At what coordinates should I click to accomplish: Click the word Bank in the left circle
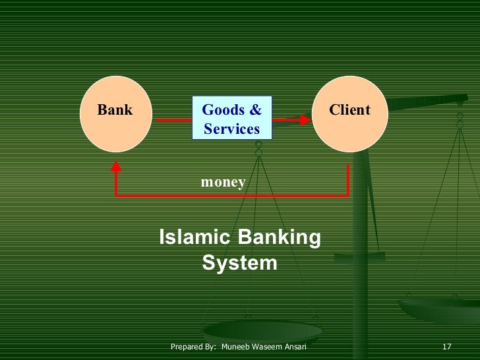(x=115, y=110)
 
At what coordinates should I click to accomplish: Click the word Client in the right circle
(x=349, y=110)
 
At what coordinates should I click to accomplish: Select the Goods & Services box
(x=231, y=119)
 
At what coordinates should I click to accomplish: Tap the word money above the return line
(x=224, y=182)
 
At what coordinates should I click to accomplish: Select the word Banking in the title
(x=280, y=237)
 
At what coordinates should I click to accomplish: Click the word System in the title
(x=239, y=263)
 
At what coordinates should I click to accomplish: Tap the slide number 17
(x=446, y=347)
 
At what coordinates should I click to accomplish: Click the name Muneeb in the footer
(x=236, y=347)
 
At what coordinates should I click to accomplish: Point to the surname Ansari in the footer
(x=294, y=347)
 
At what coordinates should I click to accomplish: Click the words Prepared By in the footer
(x=193, y=347)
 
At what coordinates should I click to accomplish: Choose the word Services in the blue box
(x=231, y=129)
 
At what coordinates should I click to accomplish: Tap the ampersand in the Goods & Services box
(x=256, y=109)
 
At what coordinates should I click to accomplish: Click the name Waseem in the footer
(x=266, y=347)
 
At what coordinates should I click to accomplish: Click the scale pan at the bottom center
(x=262, y=330)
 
